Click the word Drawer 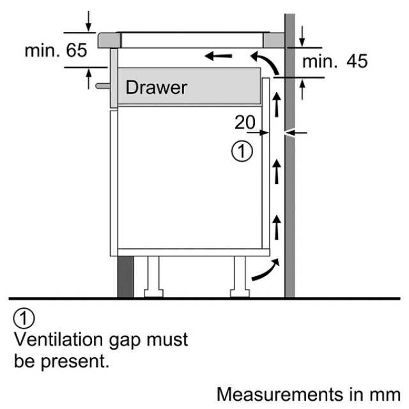[x=157, y=87]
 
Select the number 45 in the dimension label [x=358, y=61]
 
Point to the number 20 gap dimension [x=245, y=121]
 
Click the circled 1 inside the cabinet [x=242, y=151]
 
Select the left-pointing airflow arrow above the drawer [x=219, y=56]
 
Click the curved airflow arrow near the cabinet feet [x=264, y=270]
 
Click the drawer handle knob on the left [x=101, y=84]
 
